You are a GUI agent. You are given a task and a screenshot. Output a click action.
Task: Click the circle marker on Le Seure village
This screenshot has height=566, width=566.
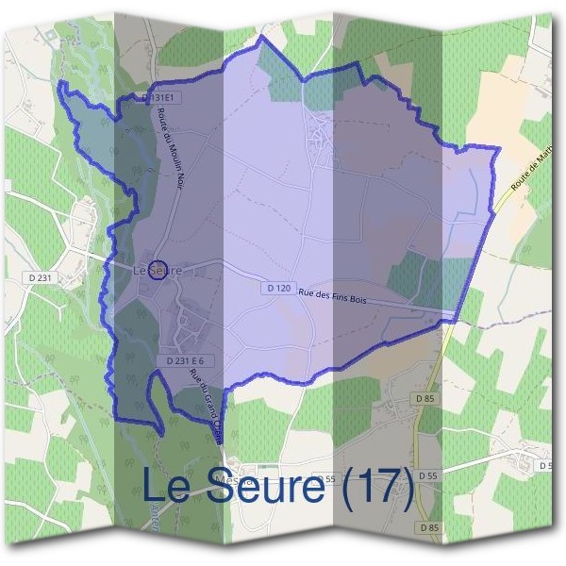(x=158, y=270)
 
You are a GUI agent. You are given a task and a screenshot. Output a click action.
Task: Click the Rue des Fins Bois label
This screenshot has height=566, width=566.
(x=332, y=296)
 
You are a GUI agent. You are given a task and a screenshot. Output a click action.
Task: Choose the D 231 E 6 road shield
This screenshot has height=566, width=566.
(x=185, y=360)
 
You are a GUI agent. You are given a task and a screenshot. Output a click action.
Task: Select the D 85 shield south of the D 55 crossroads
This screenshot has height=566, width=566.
(x=429, y=526)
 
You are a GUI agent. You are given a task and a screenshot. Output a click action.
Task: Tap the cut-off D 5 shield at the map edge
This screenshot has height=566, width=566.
(x=546, y=466)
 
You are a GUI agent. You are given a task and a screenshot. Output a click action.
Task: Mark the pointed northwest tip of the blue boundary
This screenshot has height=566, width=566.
(x=61, y=84)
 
